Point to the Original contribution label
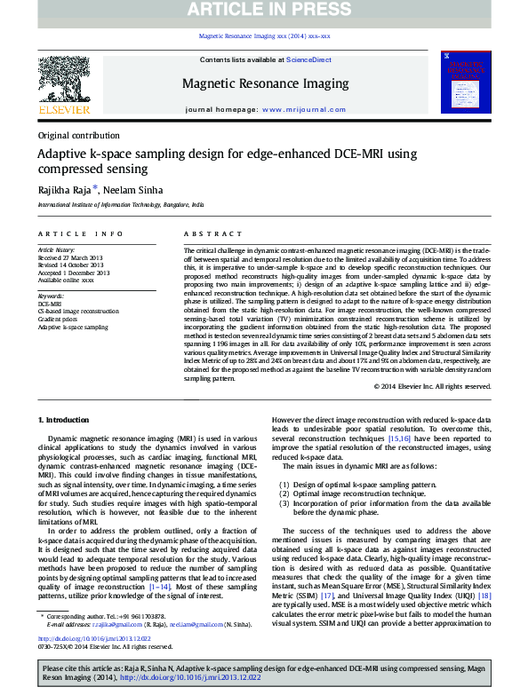coord(79,136)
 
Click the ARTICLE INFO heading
coord(80,234)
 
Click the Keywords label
coord(51,296)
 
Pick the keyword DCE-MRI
coord(50,304)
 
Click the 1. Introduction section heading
coord(65,419)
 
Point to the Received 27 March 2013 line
coord(71,258)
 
